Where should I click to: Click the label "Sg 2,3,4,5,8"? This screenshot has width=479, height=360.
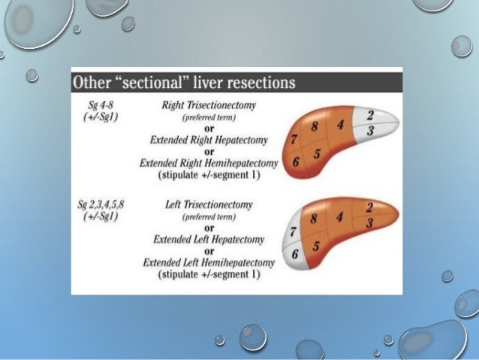point(104,204)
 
